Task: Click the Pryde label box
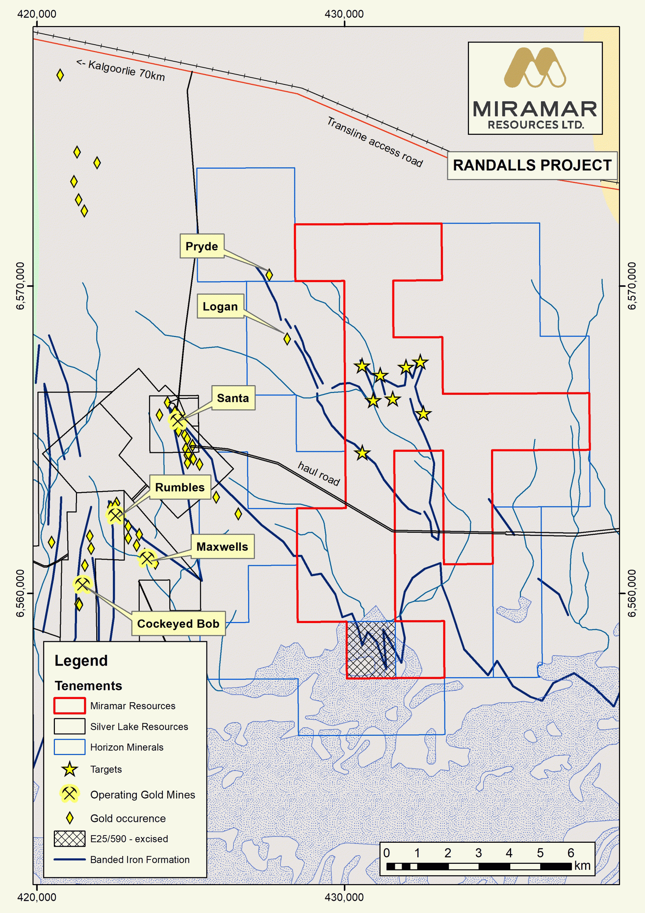pyautogui.click(x=202, y=246)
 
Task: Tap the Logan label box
pyautogui.click(x=220, y=306)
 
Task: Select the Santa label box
pyautogui.click(x=233, y=398)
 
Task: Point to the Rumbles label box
pyautogui.click(x=180, y=487)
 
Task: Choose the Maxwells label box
pyautogui.click(x=222, y=546)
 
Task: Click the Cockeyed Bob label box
pyautogui.click(x=178, y=623)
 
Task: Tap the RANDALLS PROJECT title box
pyautogui.click(x=532, y=165)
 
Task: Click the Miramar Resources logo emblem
pyautogui.click(x=535, y=68)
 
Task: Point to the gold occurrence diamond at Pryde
pyautogui.click(x=269, y=275)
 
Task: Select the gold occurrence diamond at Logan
pyautogui.click(x=287, y=339)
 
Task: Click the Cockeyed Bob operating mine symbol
pyautogui.click(x=82, y=585)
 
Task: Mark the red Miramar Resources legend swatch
pyautogui.click(x=69, y=705)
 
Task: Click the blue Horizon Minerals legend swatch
pyautogui.click(x=69, y=747)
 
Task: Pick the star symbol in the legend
pyautogui.click(x=69, y=769)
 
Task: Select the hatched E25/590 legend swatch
pyautogui.click(x=69, y=838)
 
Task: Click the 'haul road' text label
pyautogui.click(x=319, y=474)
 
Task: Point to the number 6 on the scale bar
pyautogui.click(x=571, y=853)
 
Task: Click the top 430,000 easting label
pyautogui.click(x=344, y=14)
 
